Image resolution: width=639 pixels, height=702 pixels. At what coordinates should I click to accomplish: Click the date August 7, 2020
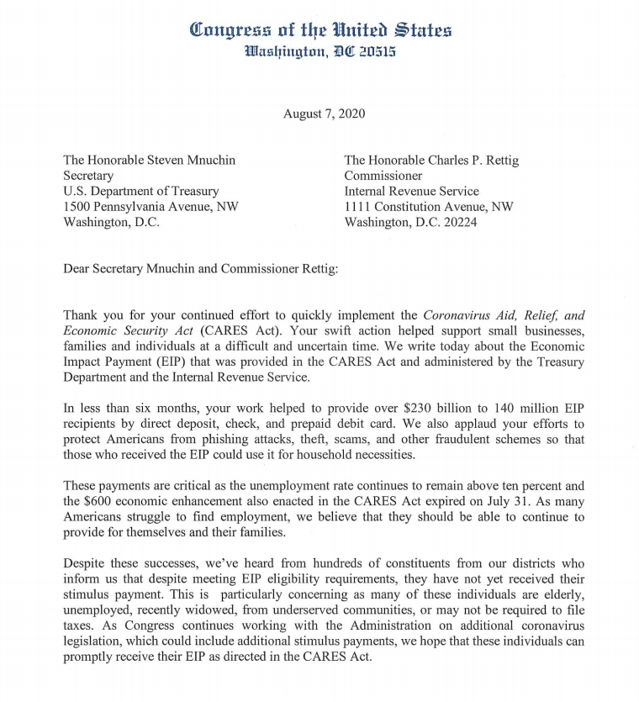(x=324, y=114)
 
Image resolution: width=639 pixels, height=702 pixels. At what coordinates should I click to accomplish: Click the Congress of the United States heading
(x=320, y=30)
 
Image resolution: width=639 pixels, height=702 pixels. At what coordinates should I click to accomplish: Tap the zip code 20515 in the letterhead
(x=372, y=51)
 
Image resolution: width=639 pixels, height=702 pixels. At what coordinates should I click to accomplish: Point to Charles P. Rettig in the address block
(x=465, y=161)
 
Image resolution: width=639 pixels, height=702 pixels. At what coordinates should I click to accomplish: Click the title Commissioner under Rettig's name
(x=383, y=176)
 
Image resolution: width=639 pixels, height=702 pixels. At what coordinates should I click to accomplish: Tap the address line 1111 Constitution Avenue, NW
(x=428, y=207)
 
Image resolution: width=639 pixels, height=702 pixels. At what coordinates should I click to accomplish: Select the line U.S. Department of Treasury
(x=141, y=192)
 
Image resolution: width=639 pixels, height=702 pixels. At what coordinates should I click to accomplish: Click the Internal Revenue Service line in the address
(x=411, y=192)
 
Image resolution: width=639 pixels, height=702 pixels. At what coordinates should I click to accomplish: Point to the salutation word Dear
(x=78, y=269)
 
